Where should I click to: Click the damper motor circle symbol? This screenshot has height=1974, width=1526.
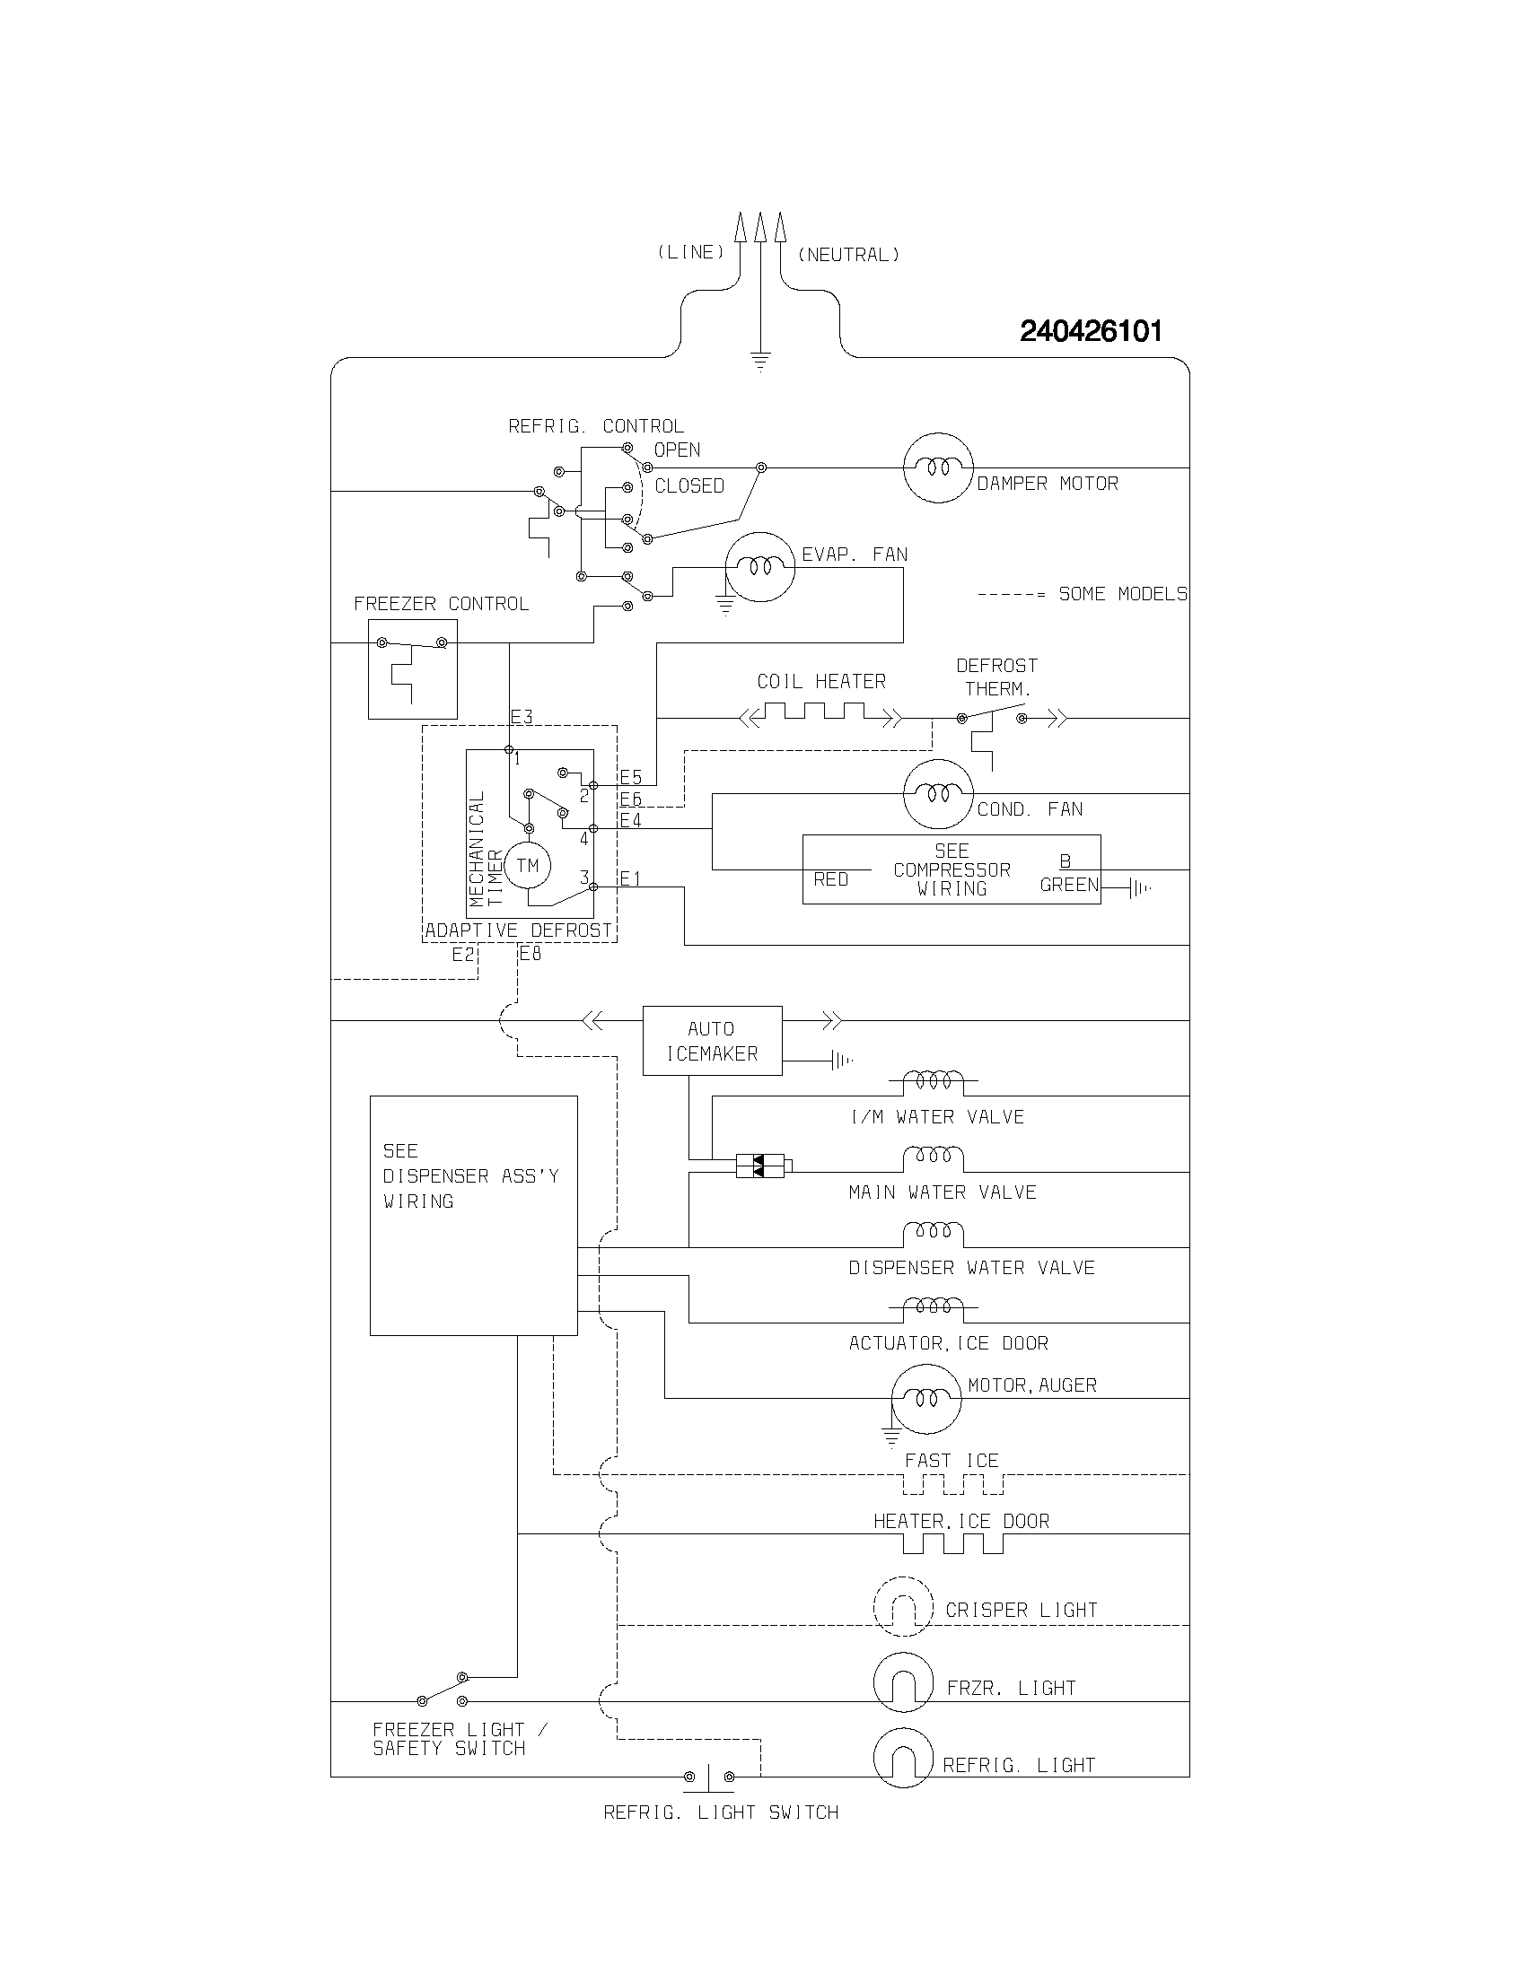click(937, 467)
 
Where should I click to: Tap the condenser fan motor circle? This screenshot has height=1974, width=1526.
click(937, 793)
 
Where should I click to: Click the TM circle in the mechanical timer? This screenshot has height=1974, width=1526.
click(527, 866)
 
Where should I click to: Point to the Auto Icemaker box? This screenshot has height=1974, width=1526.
click(712, 1040)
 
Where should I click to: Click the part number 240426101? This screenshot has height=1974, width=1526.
click(1091, 332)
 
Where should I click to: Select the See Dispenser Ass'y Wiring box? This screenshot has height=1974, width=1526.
click(473, 1215)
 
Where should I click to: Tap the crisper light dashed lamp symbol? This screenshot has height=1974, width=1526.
click(902, 1607)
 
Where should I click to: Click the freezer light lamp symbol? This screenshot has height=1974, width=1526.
click(902, 1682)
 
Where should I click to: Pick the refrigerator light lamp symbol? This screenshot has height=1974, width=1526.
click(902, 1758)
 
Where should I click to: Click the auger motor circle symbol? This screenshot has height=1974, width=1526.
click(925, 1398)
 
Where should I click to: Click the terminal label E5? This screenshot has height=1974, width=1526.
click(630, 777)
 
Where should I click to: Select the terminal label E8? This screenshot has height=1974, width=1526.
click(531, 953)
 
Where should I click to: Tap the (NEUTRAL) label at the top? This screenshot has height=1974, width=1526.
click(848, 255)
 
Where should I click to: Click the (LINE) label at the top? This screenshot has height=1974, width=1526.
click(690, 252)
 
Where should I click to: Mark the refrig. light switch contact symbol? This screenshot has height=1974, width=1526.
click(709, 1777)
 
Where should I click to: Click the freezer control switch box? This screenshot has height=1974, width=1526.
click(412, 668)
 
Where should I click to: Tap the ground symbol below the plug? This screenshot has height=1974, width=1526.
click(760, 362)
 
